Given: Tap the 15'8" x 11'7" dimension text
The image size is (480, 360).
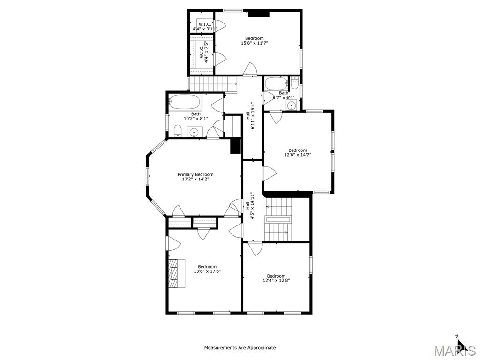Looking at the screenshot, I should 255,43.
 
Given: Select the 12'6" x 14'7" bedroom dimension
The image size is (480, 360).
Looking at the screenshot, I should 298,155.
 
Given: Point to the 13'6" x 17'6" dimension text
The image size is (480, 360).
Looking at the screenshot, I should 207,271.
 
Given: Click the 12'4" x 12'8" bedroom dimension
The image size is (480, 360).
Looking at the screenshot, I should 276,280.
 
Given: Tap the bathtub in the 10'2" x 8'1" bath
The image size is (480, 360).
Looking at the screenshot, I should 185,102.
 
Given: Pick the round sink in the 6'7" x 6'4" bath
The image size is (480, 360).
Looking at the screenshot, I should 292,105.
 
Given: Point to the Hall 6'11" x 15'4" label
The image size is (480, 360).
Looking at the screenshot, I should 252,116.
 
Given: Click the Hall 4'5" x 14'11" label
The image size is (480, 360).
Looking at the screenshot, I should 250,206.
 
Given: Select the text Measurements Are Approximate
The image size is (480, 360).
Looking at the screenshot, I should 240,348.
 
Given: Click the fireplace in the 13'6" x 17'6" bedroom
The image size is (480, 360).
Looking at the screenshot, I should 174,273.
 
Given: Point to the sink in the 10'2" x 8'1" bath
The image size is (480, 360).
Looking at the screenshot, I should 195,132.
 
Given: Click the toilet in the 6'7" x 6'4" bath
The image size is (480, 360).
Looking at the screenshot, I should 294,83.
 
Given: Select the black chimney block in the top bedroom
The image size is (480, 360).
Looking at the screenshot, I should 258,14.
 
